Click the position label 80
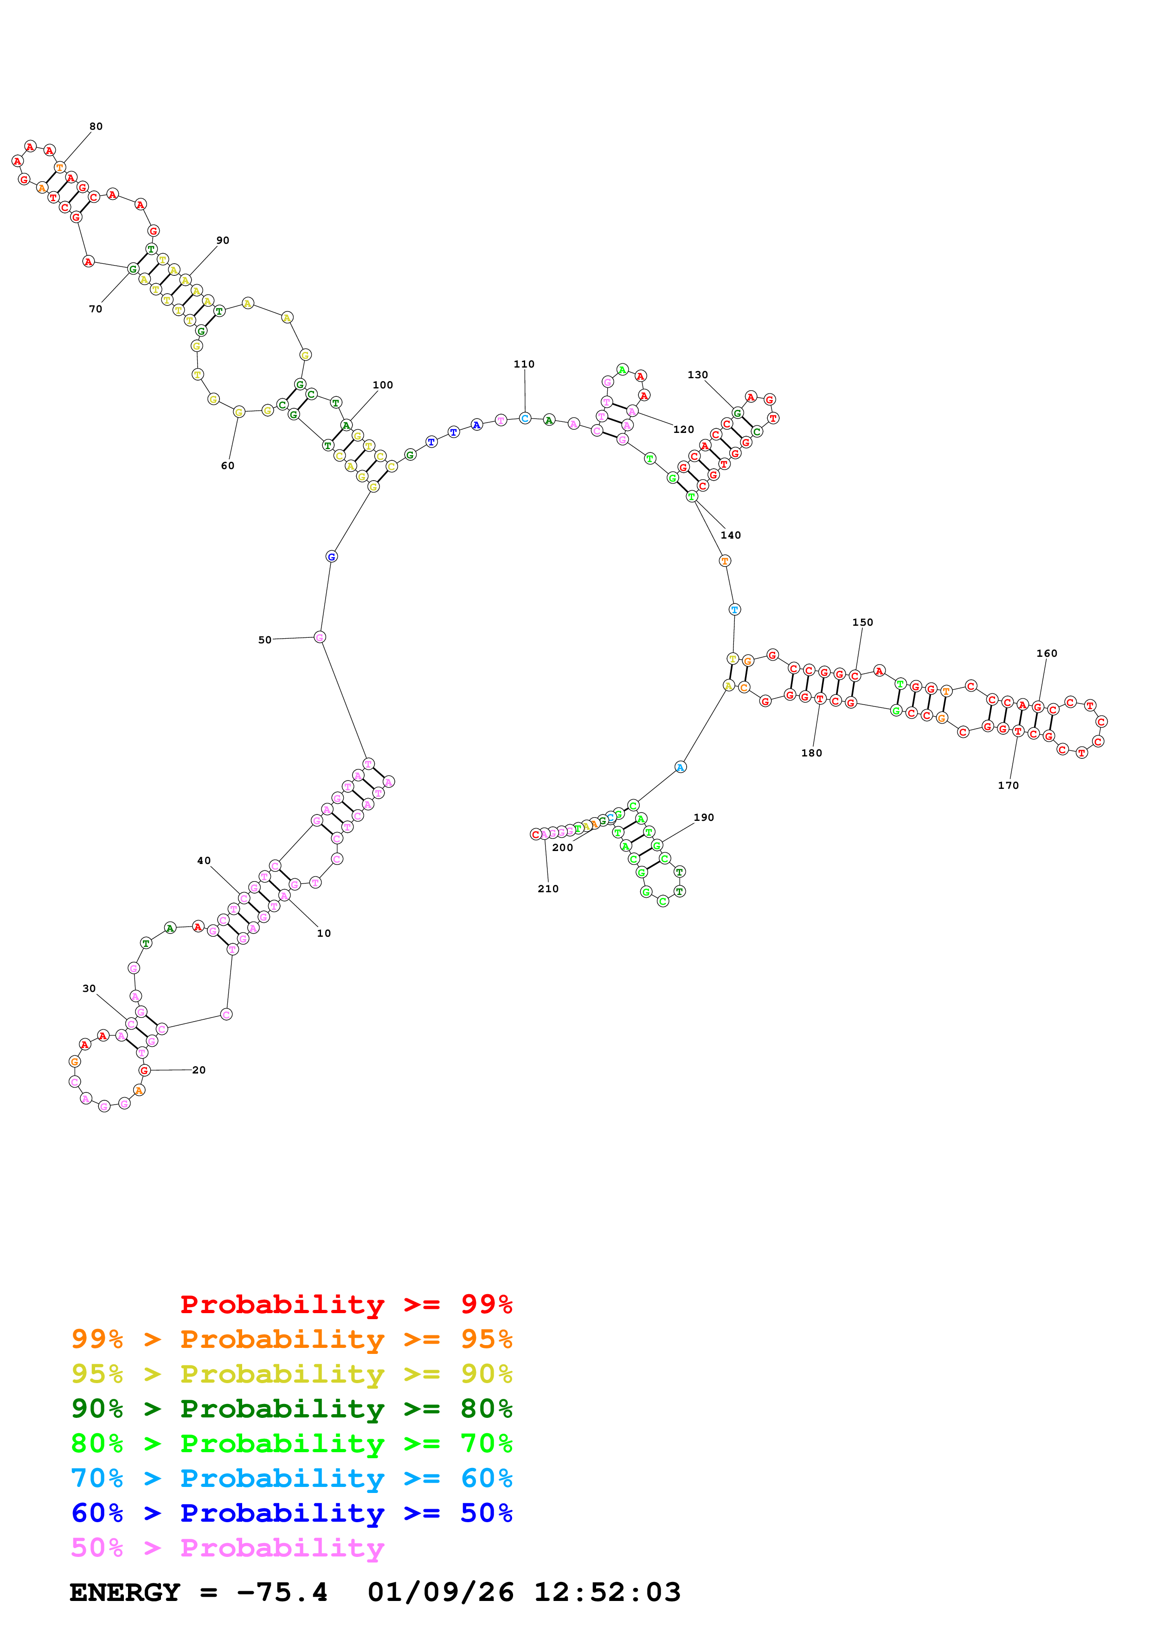(96, 127)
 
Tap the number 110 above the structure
(524, 364)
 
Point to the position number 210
(548, 888)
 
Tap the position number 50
(264, 640)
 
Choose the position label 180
(811, 753)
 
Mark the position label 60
(227, 465)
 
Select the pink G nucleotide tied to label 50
(320, 637)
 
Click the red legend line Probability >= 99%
(346, 1304)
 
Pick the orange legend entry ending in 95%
(291, 1339)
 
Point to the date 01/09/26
(440, 1592)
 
